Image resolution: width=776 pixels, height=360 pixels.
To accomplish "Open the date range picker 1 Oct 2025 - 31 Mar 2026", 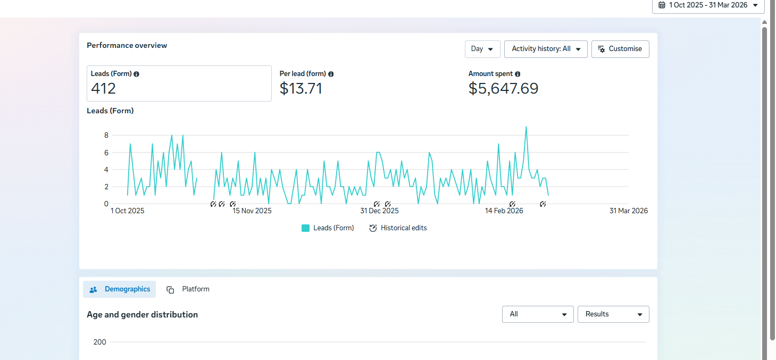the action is [708, 5].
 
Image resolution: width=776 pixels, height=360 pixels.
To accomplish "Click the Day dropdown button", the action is [482, 49].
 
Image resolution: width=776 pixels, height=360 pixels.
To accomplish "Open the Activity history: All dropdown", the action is [546, 49].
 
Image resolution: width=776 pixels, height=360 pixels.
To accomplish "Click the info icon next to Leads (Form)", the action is [137, 74].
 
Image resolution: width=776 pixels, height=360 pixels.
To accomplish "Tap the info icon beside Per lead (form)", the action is [331, 74].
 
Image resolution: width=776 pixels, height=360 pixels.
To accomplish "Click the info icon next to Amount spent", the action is [518, 74].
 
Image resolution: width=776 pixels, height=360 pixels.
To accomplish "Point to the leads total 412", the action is [103, 88].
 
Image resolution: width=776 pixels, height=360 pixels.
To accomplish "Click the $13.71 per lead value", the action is [301, 88].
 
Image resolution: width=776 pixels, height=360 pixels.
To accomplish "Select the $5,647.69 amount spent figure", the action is [503, 88].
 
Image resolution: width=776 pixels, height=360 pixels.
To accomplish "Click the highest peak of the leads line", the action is [526, 127].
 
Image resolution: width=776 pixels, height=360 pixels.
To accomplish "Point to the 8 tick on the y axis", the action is [106, 135].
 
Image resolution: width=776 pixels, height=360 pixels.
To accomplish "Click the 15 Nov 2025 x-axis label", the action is [252, 211].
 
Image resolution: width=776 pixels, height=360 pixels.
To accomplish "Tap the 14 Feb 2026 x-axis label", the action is [504, 211].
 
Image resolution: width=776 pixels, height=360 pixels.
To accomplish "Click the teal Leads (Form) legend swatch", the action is [305, 228].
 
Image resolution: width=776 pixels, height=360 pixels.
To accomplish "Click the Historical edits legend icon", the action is [373, 228].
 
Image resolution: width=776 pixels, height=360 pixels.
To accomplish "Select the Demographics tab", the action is [120, 289].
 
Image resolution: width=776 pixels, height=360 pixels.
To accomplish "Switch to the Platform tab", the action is [188, 289].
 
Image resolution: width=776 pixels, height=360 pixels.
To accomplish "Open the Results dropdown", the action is [613, 314].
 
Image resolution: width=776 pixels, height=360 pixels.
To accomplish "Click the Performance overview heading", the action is [127, 45].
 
